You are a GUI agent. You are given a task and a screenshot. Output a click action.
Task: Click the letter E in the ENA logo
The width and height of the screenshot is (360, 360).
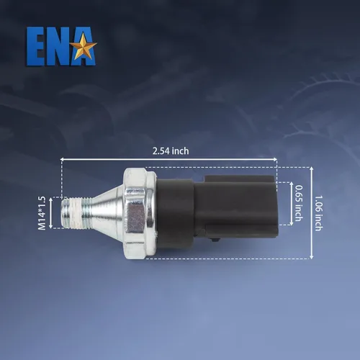pos(35,46)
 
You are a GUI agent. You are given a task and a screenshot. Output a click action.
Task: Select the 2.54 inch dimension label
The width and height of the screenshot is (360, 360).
pos(171,151)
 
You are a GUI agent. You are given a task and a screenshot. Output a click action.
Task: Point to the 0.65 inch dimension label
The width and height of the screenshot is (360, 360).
pos(298,203)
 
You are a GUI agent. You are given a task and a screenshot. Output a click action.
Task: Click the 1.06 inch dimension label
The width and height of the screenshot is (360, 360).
pos(319,213)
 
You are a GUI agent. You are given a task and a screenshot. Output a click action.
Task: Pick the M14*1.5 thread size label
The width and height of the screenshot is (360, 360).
pos(42,213)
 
